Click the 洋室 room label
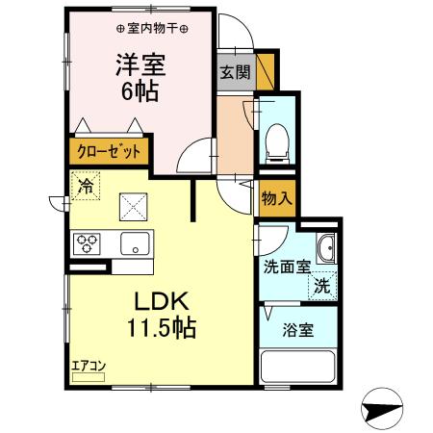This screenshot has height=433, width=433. click(140, 65)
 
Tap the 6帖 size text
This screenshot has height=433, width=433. click(140, 93)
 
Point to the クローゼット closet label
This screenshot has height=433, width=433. click(108, 151)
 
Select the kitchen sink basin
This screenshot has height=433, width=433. click(134, 242)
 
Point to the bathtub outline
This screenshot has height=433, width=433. click(299, 369)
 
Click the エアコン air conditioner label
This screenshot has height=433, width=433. click(88, 366)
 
